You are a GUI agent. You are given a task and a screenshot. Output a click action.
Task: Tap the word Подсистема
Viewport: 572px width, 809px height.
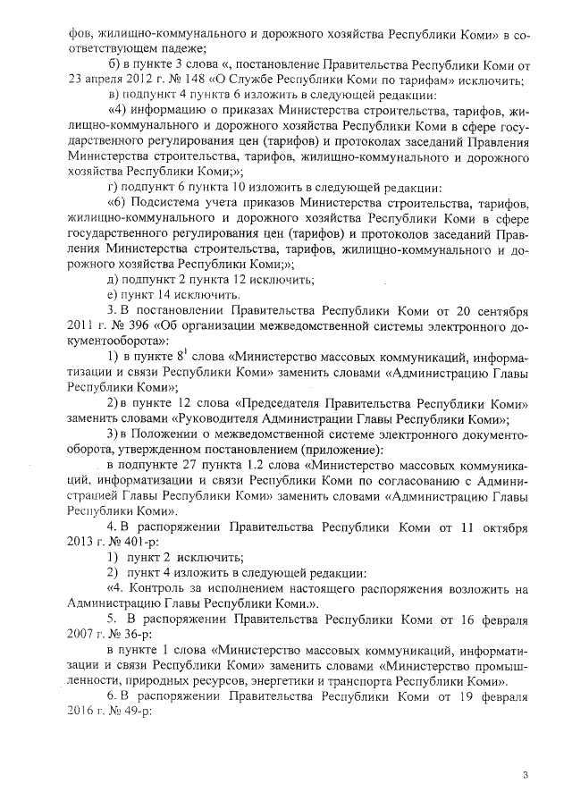(x=164, y=202)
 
